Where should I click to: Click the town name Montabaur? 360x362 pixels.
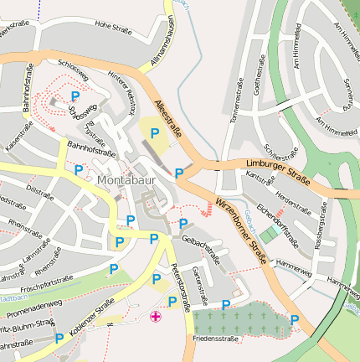pyautogui.click(x=126, y=180)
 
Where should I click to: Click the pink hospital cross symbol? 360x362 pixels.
pyautogui.click(x=155, y=316)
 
